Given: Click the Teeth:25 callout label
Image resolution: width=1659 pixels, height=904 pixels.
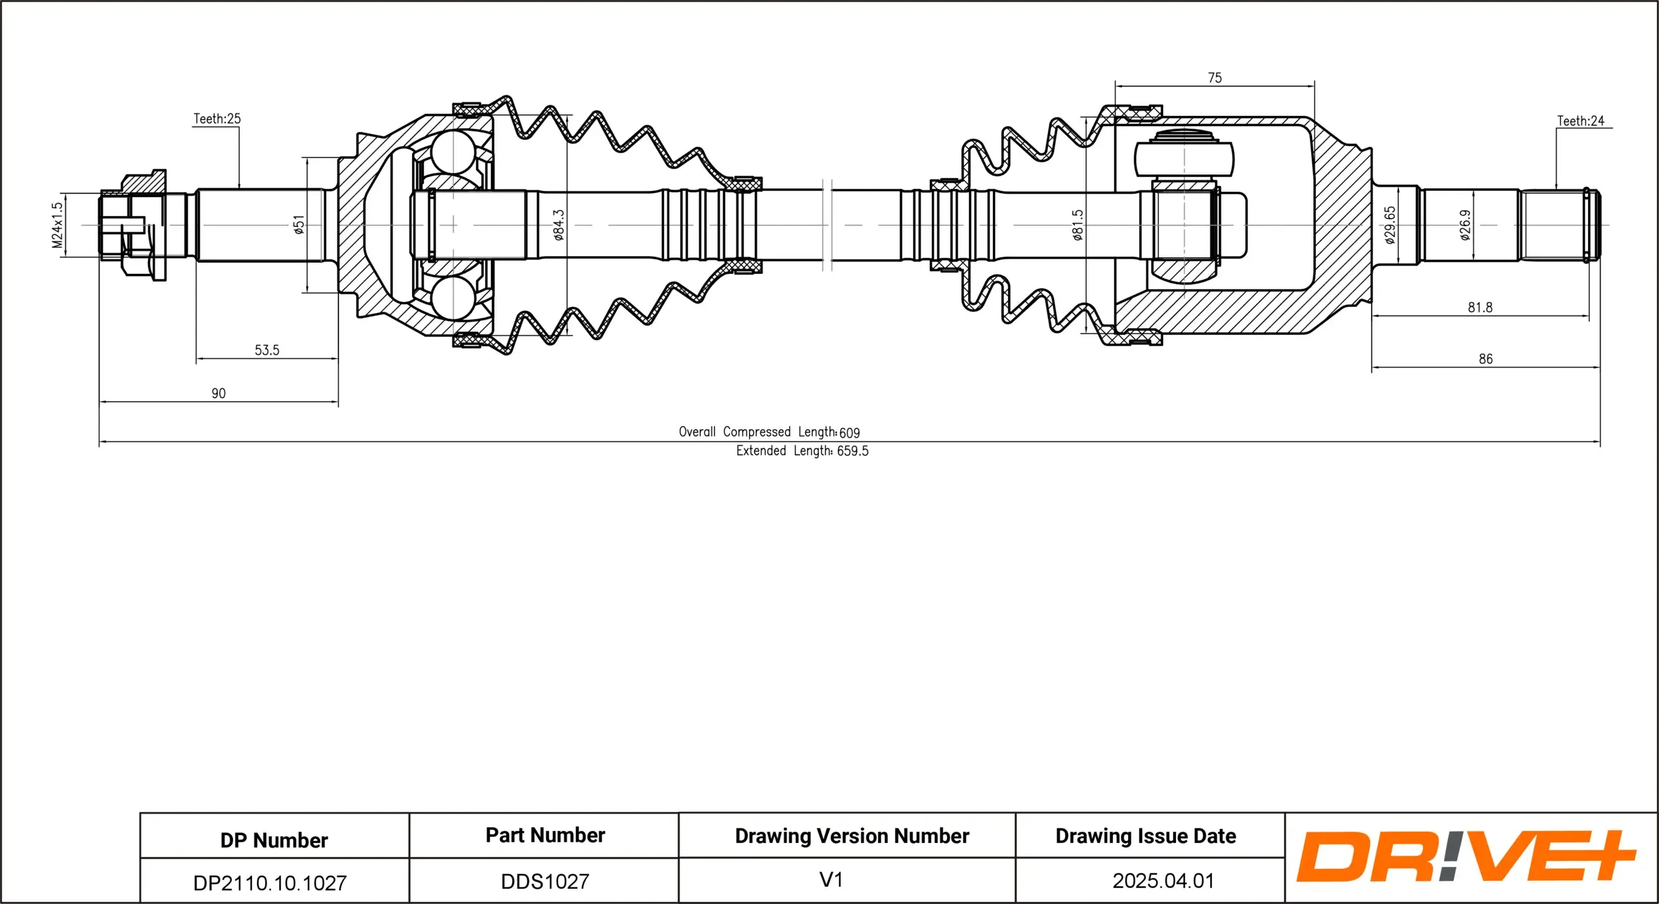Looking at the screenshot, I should (x=217, y=119).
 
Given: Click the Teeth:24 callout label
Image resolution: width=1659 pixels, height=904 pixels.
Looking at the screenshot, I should (x=1581, y=121).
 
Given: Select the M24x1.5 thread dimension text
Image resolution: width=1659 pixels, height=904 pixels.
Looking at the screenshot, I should (x=58, y=226).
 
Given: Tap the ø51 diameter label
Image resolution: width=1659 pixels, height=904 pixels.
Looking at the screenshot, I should (x=299, y=225).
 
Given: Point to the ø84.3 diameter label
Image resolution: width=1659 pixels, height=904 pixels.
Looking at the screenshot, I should (x=559, y=225).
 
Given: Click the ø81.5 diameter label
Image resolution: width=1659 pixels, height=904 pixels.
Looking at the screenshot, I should (x=1078, y=225).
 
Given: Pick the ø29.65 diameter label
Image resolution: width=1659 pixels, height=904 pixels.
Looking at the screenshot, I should (x=1390, y=225).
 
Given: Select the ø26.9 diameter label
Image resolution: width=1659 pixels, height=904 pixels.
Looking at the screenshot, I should (x=1465, y=225).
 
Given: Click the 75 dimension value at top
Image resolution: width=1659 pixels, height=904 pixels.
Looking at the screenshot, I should (x=1214, y=78).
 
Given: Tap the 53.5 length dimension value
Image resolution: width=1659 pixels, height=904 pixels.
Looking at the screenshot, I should (x=267, y=350).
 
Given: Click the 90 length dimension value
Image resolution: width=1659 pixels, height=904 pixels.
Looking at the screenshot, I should (x=218, y=393).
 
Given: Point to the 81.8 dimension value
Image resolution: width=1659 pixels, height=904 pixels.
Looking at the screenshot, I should (x=1480, y=307).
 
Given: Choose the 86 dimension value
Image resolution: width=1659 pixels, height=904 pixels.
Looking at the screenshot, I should (x=1486, y=359).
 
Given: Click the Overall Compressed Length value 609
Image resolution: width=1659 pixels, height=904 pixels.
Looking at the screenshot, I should (x=849, y=433).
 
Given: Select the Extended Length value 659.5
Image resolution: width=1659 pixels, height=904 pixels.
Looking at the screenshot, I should (x=853, y=451).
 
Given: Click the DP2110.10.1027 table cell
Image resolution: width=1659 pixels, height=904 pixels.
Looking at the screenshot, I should (x=269, y=883).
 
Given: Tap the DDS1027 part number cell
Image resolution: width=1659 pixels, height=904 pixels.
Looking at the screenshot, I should (x=545, y=881).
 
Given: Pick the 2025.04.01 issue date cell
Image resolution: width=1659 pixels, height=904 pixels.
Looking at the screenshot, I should (x=1163, y=881).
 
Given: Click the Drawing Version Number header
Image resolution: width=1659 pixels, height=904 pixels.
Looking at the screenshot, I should (x=851, y=836).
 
